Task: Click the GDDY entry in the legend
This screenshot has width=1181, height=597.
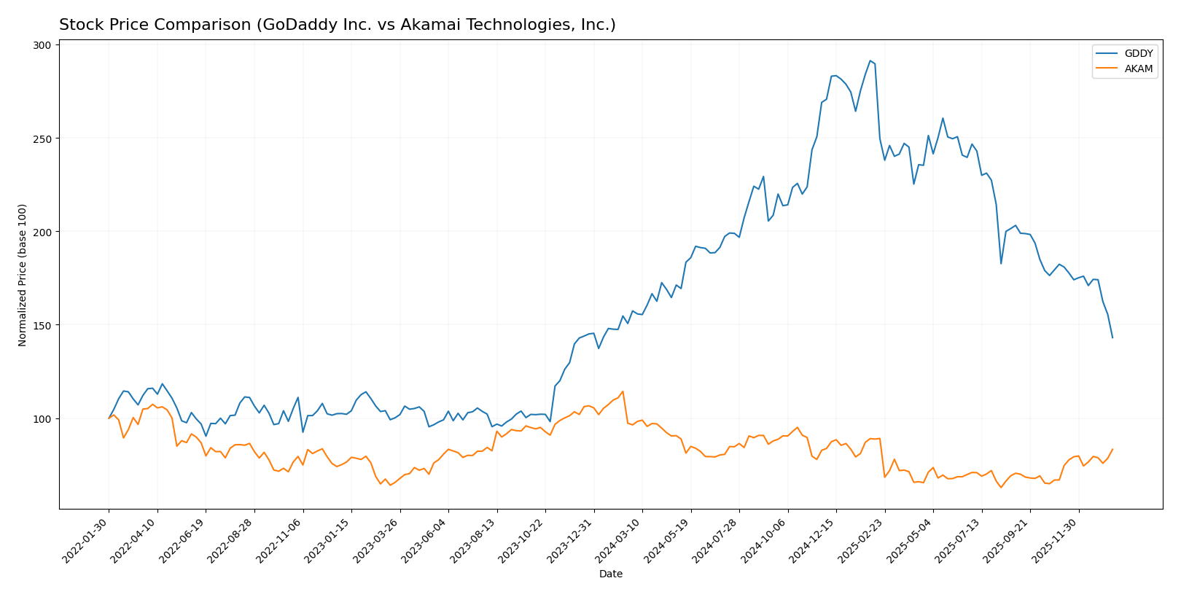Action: click(1138, 54)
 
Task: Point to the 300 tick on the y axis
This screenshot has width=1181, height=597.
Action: click(42, 45)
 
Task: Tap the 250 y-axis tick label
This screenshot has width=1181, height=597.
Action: click(42, 138)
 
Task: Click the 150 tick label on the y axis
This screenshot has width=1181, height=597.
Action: click(42, 325)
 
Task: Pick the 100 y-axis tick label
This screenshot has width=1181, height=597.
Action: click(42, 418)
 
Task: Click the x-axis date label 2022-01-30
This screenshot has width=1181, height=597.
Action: click(86, 540)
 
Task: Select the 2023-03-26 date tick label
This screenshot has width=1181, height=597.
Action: click(377, 540)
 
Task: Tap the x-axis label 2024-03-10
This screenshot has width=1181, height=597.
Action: click(619, 540)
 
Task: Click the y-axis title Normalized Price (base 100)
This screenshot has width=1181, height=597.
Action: click(23, 275)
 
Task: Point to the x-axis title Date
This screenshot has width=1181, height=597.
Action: click(610, 574)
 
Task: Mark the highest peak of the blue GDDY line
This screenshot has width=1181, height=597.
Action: click(870, 61)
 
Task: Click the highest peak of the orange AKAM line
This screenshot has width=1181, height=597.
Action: click(623, 391)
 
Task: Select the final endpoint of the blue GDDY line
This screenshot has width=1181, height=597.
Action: click(1112, 337)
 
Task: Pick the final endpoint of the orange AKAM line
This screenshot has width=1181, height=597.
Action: click(1112, 449)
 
